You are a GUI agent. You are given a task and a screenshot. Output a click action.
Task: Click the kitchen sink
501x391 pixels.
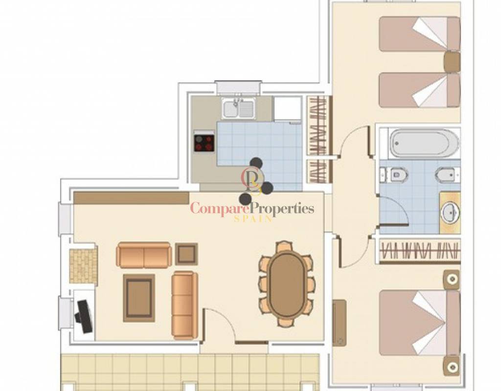239,109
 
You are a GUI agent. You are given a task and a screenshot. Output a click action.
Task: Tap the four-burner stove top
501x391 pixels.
204,141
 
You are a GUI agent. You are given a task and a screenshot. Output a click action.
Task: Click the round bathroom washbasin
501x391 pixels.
451,212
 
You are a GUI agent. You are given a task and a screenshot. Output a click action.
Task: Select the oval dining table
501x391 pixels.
287,284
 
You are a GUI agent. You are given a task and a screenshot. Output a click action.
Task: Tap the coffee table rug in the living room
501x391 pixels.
139,298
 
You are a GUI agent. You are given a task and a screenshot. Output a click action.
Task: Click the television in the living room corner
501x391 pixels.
84,316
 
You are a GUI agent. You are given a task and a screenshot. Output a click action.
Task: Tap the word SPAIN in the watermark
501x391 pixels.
253,219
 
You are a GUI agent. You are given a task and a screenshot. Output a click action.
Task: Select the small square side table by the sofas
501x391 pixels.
186,254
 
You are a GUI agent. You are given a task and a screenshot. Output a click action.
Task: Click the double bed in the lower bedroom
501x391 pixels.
419,323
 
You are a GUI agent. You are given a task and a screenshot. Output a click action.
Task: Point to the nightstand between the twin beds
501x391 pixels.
453,62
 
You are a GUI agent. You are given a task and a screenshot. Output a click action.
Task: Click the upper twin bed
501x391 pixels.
419,34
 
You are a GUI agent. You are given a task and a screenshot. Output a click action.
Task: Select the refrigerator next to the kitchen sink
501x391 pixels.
288,109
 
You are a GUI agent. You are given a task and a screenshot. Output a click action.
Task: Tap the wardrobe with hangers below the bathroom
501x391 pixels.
420,251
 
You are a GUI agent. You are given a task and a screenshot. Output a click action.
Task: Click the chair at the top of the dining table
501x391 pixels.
284,246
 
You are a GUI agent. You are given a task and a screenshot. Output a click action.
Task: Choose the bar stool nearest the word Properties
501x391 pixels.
267,188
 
